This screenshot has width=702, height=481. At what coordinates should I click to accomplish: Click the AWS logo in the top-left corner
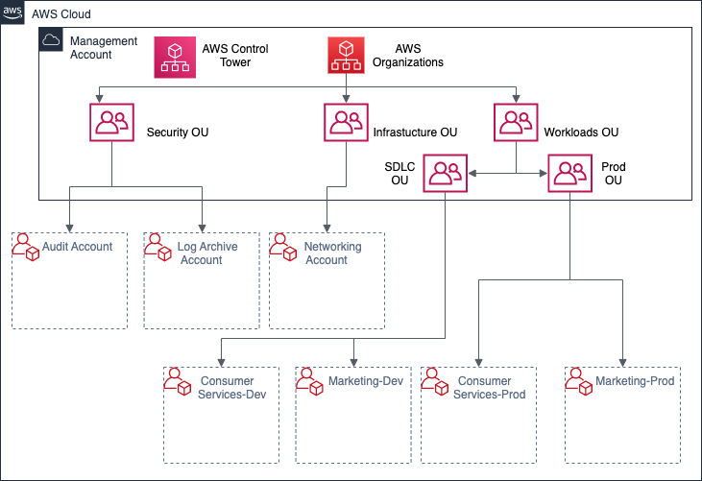coord(12,13)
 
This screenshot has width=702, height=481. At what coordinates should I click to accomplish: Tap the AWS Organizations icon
coord(347,57)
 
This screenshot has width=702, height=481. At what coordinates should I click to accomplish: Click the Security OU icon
coord(113,124)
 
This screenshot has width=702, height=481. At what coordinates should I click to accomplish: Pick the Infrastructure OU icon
coord(345,124)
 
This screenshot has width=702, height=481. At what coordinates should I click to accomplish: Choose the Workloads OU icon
coord(516,124)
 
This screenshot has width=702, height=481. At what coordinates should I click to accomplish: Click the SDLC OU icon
coord(446,174)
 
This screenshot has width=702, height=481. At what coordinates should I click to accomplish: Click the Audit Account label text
coord(77,247)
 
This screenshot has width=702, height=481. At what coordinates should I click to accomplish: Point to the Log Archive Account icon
coord(157,248)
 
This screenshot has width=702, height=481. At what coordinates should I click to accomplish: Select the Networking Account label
coord(332,253)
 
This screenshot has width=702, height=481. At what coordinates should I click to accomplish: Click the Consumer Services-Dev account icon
coord(178,383)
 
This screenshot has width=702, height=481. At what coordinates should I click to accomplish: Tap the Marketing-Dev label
coord(364,381)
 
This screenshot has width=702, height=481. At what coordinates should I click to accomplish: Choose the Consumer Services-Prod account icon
coord(436,383)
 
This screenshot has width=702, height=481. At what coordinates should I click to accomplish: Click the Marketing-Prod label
coord(635,381)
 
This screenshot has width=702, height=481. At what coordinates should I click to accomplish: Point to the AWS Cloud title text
coord(62,15)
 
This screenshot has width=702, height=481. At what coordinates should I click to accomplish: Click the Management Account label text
coord(104,48)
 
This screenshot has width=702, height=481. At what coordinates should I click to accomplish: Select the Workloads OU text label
coord(580,132)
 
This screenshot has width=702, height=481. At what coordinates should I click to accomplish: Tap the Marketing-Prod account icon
coord(579,383)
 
